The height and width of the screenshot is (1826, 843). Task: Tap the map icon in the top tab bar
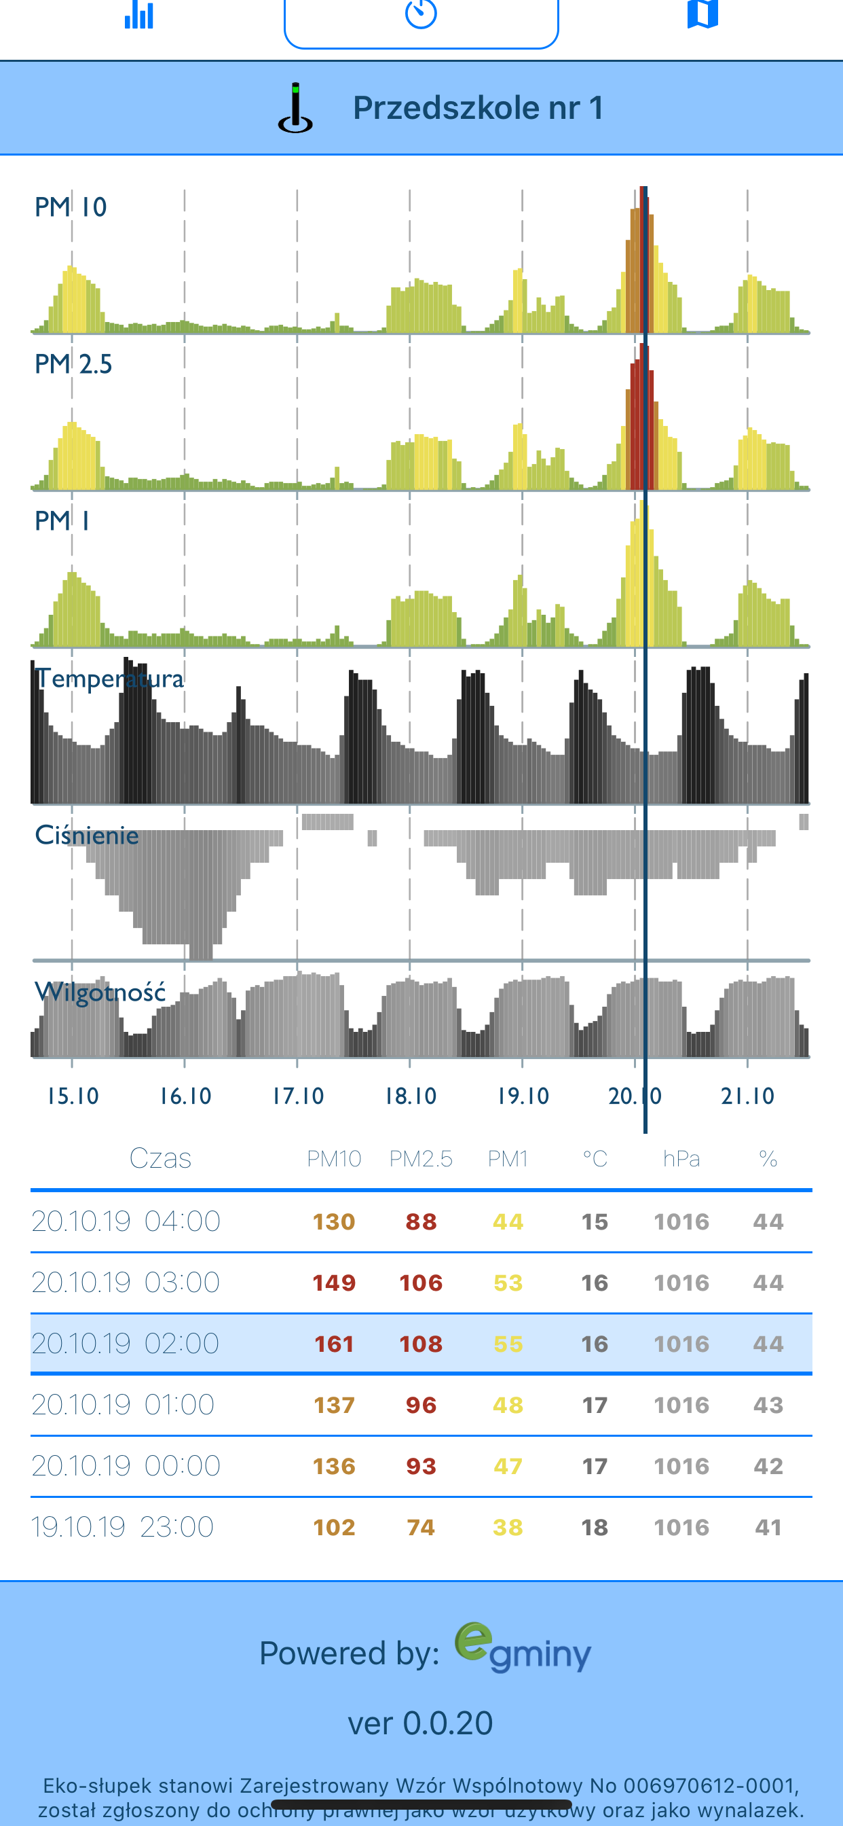pos(702,14)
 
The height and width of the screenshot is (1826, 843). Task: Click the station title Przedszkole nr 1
pos(477,108)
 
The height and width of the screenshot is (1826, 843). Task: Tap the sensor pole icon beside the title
pos(295,109)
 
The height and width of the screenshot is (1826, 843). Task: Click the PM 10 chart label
pos(71,207)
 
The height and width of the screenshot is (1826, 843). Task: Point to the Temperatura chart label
pos(110,679)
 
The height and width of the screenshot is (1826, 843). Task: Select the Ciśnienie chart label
pos(86,835)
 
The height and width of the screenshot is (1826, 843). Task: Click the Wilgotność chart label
pos(100,992)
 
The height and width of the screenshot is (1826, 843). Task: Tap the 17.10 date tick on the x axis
pos(297,1096)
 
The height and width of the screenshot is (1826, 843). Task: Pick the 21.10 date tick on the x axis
pos(747,1096)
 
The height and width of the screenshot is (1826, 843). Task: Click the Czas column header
pos(160,1158)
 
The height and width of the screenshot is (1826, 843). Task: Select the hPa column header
pos(681,1159)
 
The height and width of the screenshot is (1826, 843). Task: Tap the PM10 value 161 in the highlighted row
pos(334,1344)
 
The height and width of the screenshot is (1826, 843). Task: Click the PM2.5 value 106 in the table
pos(421,1283)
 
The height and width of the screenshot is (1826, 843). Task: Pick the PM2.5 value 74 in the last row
pos(421,1527)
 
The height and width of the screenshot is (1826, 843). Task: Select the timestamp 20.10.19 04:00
pos(126,1221)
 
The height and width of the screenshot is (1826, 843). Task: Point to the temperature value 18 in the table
pos(595,1527)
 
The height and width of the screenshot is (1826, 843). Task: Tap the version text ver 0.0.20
pos(420,1723)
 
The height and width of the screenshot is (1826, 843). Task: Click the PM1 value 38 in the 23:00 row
pos(508,1527)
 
